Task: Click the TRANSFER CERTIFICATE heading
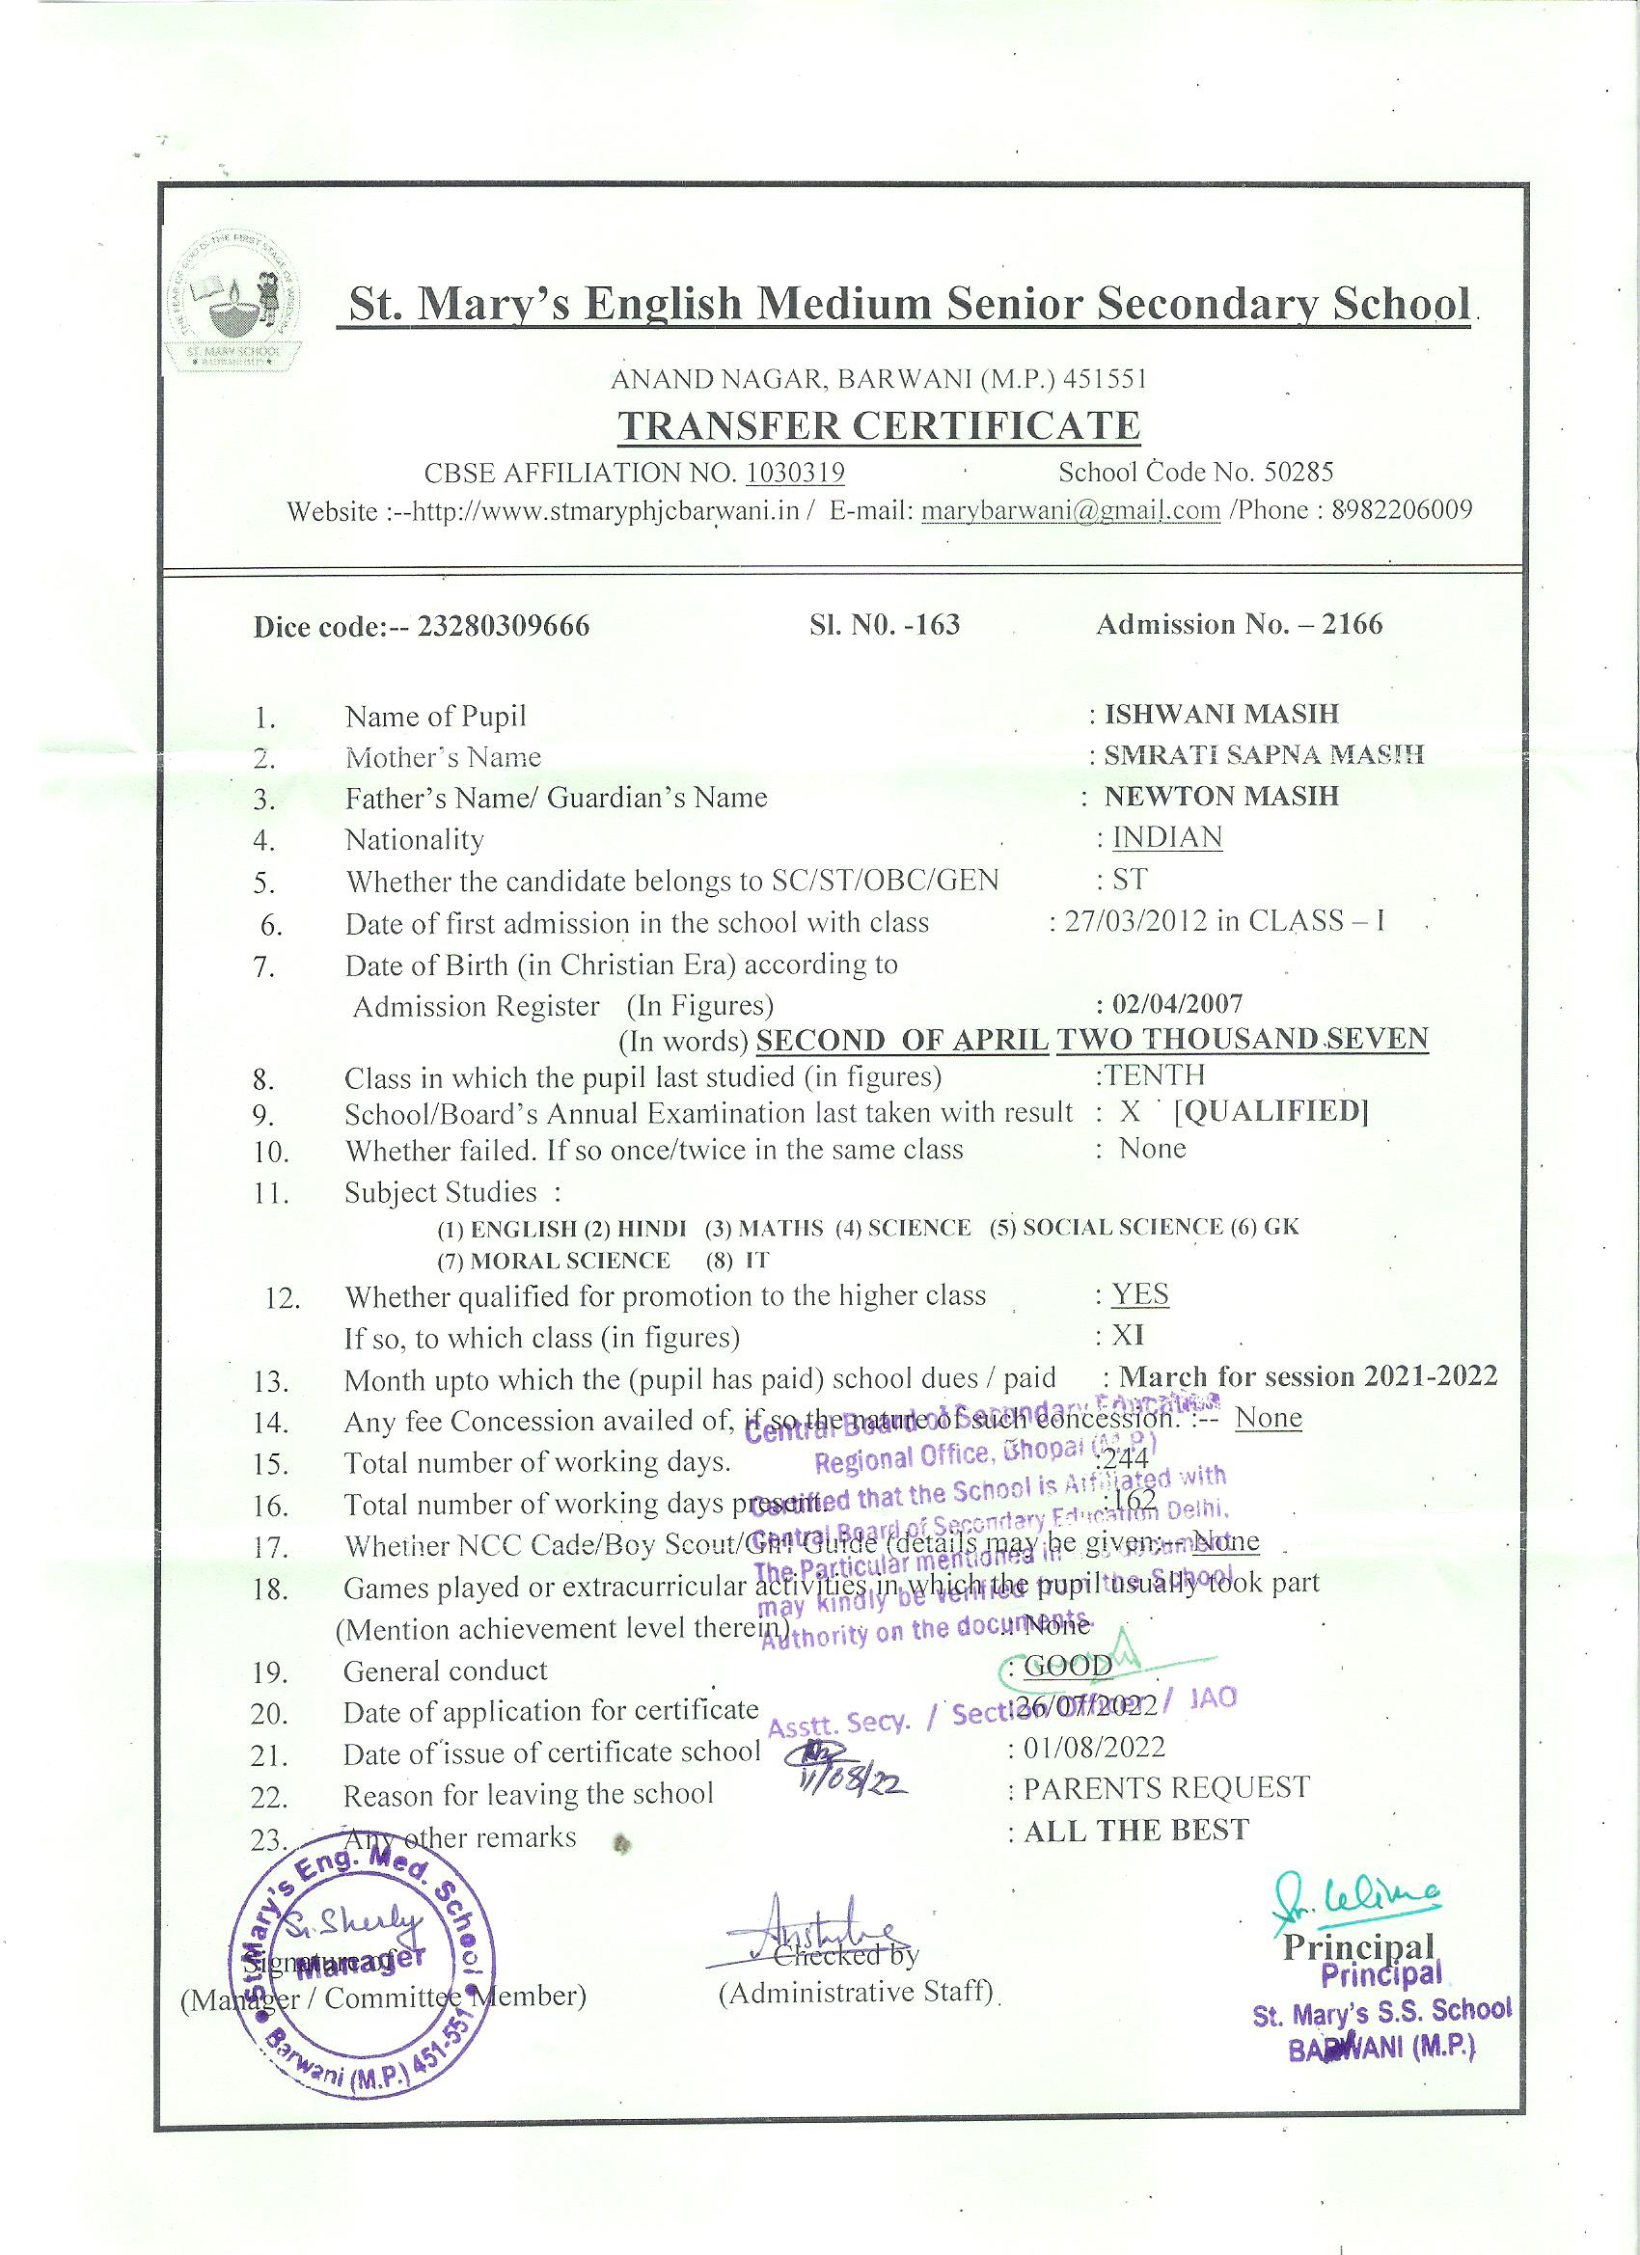[x=879, y=425]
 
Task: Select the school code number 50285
[x=1298, y=472]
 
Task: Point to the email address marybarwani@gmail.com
[x=1071, y=511]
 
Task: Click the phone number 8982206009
[x=1402, y=510]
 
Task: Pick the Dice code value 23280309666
[x=504, y=626]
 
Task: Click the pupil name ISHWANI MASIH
[x=1222, y=714]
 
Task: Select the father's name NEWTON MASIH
[x=1221, y=797]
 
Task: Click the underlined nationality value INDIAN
[x=1166, y=838]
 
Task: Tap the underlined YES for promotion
[x=1139, y=1294]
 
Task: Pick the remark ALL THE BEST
[x=1135, y=1831]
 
